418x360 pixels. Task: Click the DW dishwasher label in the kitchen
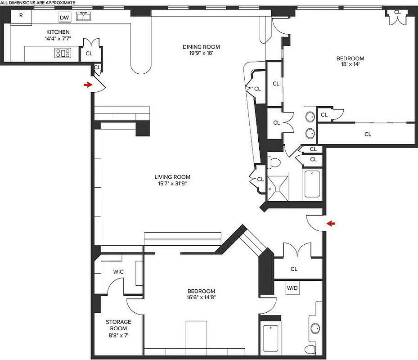64,18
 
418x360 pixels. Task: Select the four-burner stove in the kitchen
63,53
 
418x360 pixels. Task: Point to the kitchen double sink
83,17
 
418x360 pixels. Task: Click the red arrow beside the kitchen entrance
87,84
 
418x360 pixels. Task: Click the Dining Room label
201,47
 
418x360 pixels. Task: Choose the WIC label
118,272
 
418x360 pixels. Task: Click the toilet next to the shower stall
274,162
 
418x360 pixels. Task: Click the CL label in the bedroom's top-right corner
397,12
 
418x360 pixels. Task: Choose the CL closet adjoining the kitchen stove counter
89,53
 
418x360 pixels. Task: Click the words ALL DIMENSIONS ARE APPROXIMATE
38,3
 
